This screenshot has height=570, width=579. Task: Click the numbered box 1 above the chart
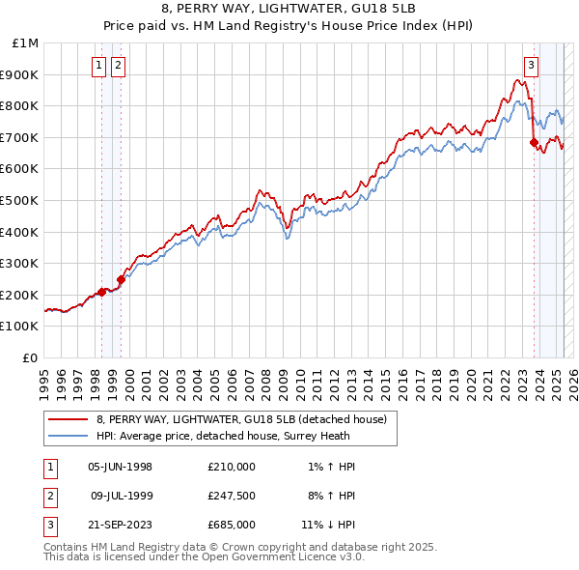[100, 66]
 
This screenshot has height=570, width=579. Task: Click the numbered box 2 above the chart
[118, 66]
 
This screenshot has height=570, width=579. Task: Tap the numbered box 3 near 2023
[531, 66]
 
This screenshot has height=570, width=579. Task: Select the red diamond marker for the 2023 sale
[534, 142]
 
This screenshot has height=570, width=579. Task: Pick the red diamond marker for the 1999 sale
[121, 280]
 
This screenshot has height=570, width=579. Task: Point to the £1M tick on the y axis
[27, 43]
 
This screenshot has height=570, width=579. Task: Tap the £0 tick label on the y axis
[32, 357]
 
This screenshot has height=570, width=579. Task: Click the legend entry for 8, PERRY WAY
[241, 419]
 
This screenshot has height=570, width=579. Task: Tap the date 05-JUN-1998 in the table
[120, 466]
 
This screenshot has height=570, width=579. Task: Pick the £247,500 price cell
[232, 495]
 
